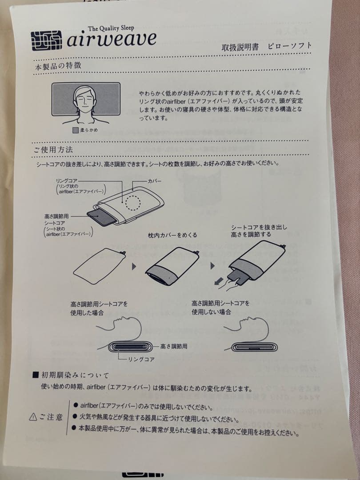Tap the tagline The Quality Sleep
(x=111, y=28)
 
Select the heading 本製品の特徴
(x=58, y=66)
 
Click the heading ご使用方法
(x=53, y=150)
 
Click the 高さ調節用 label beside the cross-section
(x=174, y=345)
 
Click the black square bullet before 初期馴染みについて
(x=36, y=376)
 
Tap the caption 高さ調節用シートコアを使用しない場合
(x=220, y=308)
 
